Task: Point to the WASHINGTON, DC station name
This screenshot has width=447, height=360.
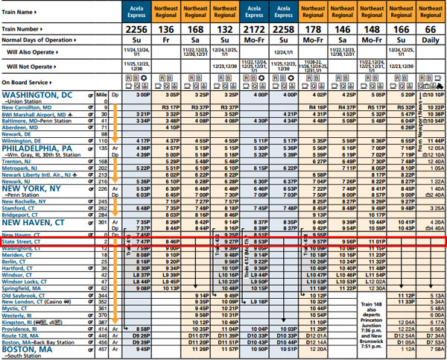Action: (37, 95)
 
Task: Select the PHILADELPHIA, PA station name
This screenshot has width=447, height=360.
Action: (37, 148)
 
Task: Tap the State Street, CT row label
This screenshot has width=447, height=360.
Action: (22, 241)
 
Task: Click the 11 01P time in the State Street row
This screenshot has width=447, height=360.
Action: (371, 241)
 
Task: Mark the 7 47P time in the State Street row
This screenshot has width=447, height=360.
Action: (143, 241)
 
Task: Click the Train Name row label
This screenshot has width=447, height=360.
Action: (17, 12)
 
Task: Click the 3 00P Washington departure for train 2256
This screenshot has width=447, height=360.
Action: (143, 95)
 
